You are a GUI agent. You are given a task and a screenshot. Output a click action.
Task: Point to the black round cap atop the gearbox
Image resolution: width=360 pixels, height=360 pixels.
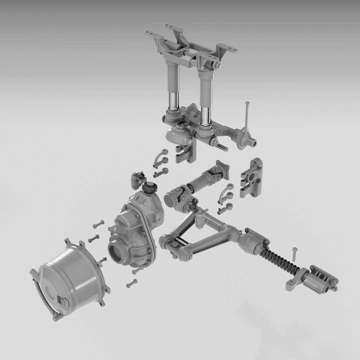[151, 187]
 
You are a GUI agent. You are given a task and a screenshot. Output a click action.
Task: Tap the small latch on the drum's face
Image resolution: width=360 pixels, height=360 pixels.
[63, 301]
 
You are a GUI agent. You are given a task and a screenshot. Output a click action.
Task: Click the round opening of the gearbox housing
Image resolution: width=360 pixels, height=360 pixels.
[117, 253]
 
